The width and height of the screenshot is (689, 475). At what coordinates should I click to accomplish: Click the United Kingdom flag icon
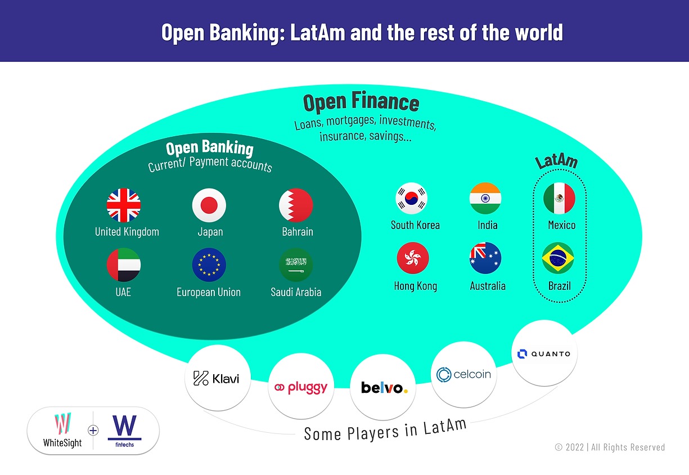[124, 205]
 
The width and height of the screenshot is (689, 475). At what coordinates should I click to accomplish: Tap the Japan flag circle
[209, 205]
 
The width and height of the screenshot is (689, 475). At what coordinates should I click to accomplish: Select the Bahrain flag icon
[296, 205]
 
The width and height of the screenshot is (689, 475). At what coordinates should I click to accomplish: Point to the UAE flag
[124, 265]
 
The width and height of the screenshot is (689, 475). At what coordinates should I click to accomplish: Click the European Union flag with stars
[209, 265]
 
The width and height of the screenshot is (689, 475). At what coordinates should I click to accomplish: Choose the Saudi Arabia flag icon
[296, 265]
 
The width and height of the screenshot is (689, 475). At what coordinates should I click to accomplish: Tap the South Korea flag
[412, 199]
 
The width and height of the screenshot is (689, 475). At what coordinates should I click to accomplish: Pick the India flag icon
[485, 199]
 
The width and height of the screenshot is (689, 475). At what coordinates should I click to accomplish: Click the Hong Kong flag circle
[413, 258]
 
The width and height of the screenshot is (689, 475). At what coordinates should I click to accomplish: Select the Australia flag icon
[485, 258]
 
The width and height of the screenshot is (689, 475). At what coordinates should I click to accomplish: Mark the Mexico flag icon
[559, 199]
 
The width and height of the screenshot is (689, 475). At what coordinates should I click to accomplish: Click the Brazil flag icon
[558, 258]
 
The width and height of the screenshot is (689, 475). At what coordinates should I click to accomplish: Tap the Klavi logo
[217, 378]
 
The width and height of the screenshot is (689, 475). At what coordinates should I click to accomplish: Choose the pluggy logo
[300, 387]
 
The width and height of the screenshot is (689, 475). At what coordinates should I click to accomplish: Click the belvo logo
[384, 388]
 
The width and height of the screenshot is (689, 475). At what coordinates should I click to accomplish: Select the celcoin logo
[464, 374]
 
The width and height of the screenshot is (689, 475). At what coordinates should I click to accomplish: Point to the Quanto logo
[544, 353]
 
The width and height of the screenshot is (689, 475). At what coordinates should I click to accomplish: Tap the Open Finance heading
[361, 103]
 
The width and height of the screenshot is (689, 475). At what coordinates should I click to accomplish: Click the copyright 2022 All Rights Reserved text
[610, 447]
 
